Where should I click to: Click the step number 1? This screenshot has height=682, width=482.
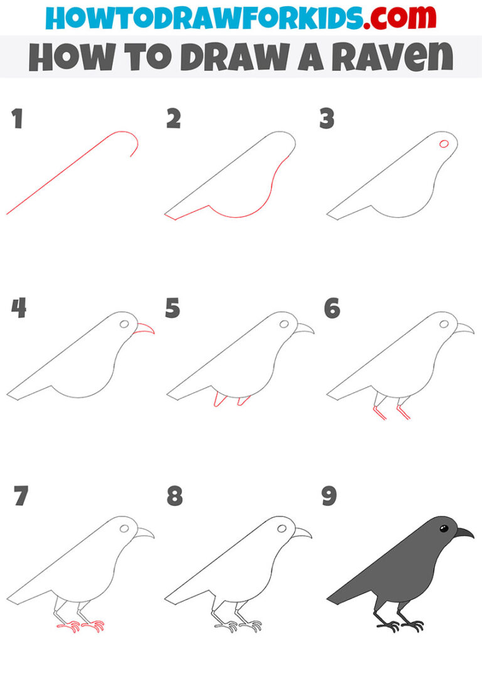pyautogui.click(x=17, y=119)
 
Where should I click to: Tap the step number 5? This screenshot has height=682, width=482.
pyautogui.click(x=173, y=309)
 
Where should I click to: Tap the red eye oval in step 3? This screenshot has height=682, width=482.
pyautogui.click(x=444, y=144)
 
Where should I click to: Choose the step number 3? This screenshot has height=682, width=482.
pyautogui.click(x=326, y=119)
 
